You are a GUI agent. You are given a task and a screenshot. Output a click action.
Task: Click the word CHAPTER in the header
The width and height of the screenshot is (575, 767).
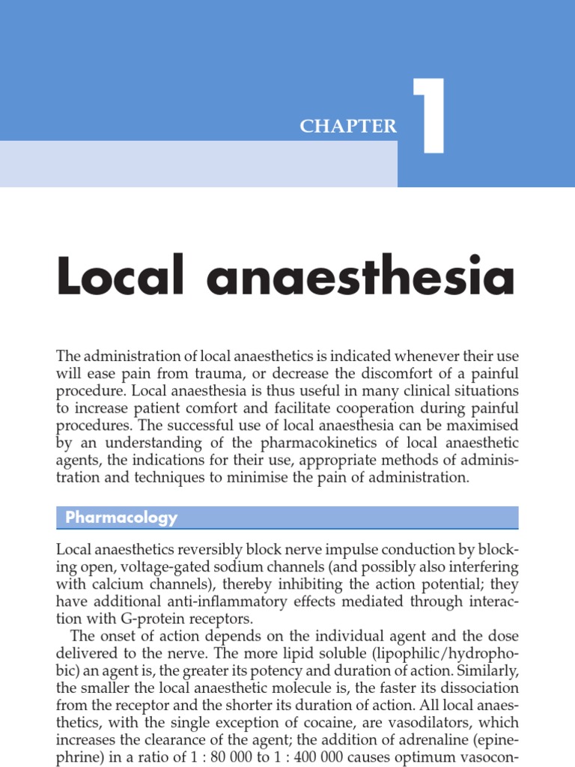[x=348, y=127]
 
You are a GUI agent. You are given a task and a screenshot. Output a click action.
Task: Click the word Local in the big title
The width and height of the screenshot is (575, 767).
[x=121, y=276]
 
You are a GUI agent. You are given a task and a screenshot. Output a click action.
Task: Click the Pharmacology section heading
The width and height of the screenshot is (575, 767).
[x=121, y=518]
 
